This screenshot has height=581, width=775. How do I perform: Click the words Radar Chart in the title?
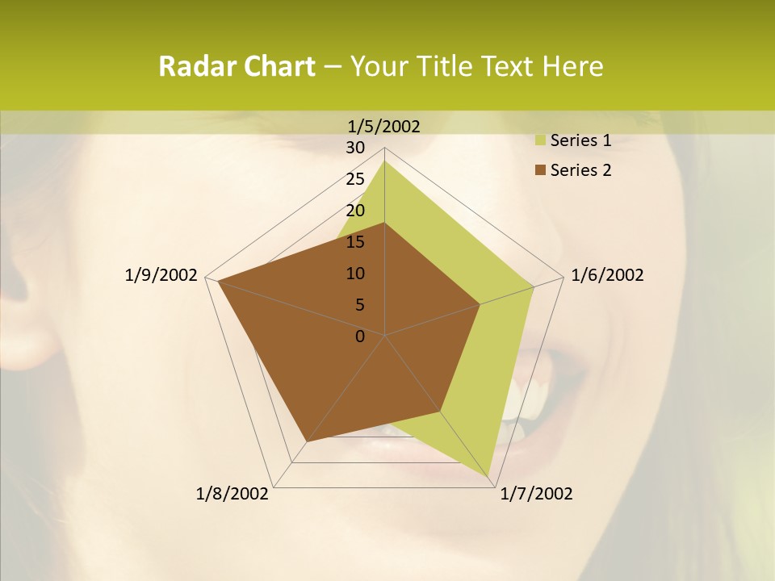tap(237, 66)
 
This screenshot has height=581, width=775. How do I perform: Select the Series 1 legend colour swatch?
tap(541, 140)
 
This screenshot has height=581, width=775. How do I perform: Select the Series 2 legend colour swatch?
tap(541, 170)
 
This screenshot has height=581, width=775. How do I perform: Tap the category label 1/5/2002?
tap(384, 126)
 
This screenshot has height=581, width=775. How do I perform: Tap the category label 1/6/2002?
tap(607, 275)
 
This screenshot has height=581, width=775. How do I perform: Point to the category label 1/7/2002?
tap(537, 494)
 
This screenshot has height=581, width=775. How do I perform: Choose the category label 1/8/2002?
tap(232, 494)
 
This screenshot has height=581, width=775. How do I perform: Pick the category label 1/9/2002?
tap(161, 275)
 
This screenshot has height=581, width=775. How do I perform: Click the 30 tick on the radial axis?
tap(355, 148)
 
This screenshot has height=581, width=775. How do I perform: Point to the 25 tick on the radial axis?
tap(355, 179)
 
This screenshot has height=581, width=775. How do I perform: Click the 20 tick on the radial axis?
tap(355, 211)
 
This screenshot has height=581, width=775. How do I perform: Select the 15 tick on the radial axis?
tap(355, 242)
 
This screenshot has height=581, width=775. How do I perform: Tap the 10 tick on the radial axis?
tap(355, 274)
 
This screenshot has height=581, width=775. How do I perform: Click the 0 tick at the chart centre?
tap(360, 336)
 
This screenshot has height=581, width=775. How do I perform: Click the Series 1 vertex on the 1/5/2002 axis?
tap(384, 161)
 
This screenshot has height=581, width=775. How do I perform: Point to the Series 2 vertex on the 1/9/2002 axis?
tap(219, 281)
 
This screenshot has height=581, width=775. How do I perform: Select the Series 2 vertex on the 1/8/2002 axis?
tap(307, 441)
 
